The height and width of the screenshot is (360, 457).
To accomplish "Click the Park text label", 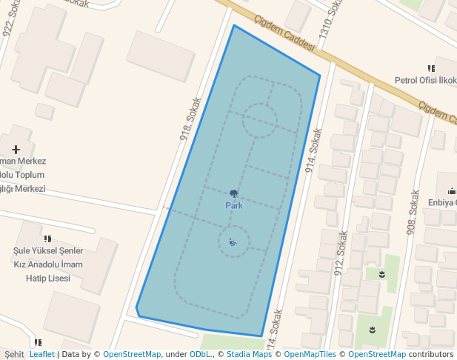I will [x=234, y=205].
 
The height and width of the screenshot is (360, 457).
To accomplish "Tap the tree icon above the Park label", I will [x=234, y=193].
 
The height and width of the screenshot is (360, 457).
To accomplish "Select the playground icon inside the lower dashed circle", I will [x=233, y=242].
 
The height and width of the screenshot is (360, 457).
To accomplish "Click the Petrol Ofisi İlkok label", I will [x=425, y=80].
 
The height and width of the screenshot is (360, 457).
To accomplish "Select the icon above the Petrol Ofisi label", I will [x=431, y=68].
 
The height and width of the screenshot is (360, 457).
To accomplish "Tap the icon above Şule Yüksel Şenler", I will [x=48, y=239].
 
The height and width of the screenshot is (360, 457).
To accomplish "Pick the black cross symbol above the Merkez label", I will [x=16, y=150].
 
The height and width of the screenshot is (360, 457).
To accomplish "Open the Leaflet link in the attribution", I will [x=41, y=354].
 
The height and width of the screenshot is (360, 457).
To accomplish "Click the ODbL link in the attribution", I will [x=201, y=354].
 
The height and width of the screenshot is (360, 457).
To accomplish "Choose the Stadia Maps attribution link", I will [x=249, y=354].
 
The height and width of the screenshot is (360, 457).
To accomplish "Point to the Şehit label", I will [x=14, y=354].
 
